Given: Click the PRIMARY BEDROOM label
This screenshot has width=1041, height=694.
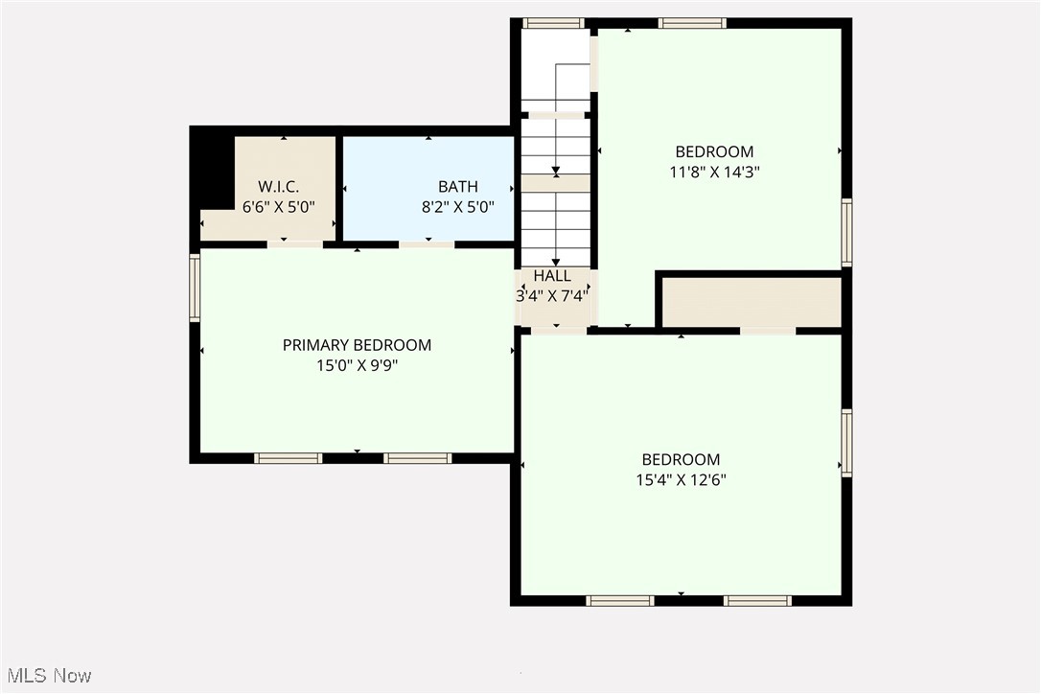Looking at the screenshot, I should click(x=357, y=345).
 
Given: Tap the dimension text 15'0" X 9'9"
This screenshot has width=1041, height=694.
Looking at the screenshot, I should click(x=357, y=365).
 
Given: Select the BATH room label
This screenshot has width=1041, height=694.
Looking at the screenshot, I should click(x=457, y=187).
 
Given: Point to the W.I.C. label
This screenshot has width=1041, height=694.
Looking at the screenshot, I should click(x=279, y=187).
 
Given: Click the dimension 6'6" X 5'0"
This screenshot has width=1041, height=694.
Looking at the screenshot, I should click(x=279, y=206).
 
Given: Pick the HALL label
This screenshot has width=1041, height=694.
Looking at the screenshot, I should click(x=553, y=276).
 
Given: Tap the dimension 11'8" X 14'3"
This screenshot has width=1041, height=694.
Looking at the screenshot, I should click(x=714, y=172).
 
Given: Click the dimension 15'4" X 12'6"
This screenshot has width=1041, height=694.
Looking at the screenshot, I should click(x=681, y=480).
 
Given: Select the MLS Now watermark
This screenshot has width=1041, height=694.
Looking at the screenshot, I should click(x=46, y=676).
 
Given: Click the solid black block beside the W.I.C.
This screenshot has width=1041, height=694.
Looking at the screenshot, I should click(x=213, y=171).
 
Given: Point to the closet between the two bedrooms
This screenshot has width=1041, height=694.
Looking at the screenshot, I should click(x=752, y=302).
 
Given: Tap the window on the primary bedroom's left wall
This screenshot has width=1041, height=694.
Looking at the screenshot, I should click(x=195, y=287).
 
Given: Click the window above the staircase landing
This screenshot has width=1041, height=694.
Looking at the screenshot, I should click(x=553, y=23).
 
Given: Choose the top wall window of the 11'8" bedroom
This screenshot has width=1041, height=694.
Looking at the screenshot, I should click(x=692, y=23).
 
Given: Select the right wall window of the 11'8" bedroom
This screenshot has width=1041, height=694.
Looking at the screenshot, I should click(x=846, y=232).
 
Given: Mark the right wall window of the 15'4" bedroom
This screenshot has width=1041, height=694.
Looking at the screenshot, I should click(x=846, y=442).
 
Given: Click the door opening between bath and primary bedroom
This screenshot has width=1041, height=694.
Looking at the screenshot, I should click(x=427, y=244).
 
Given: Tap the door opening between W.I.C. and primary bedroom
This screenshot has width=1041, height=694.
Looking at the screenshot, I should click(x=294, y=244).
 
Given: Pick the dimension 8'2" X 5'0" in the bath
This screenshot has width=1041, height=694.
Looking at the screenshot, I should click(x=457, y=206).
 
